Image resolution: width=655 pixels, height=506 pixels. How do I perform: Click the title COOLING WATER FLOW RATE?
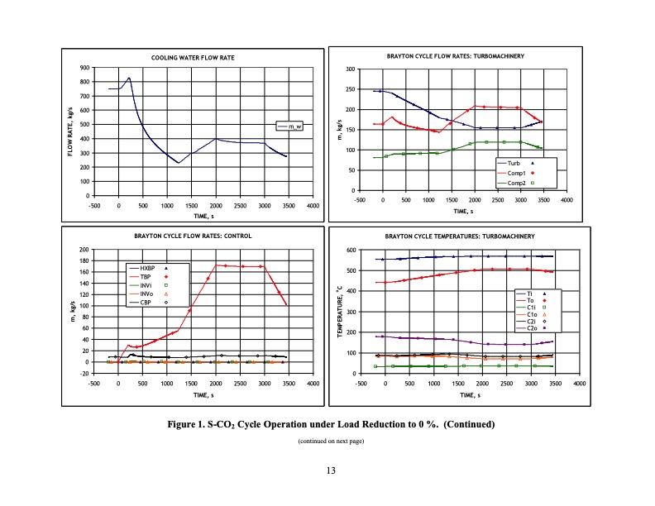point(193,58)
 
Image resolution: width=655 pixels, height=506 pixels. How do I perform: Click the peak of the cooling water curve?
point(129,79)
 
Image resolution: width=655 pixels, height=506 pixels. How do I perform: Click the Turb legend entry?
point(521,165)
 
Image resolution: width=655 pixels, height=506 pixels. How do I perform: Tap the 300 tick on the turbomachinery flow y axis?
point(351,69)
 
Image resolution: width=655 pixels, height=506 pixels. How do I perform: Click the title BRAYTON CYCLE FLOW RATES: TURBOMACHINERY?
point(456,55)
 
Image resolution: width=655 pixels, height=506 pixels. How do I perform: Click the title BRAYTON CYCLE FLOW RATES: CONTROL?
point(193,236)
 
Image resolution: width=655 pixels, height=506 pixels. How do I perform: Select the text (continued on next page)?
point(330,442)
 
